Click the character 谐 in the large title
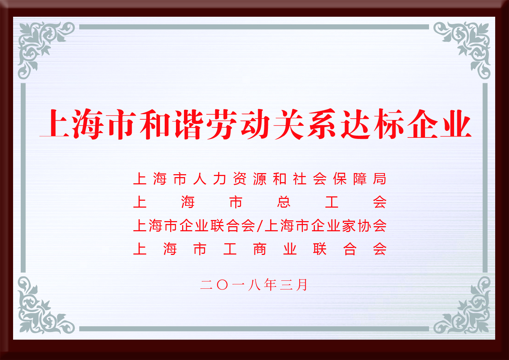tap(189, 124)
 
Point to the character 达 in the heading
tap(355, 124)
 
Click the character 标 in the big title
tap(389, 124)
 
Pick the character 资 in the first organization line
tap(240, 179)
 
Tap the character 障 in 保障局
tap(360, 179)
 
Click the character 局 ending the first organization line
tap(380, 179)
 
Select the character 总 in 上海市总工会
tap(284, 202)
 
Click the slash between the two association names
tap(260, 226)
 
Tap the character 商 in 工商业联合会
tap(260, 249)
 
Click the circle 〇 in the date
tap(223, 285)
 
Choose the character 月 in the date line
tap(301, 285)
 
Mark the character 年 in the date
tap(270, 285)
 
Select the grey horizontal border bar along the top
tap(254, 27)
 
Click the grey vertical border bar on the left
tap(23, 178)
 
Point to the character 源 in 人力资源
tap(260, 179)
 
